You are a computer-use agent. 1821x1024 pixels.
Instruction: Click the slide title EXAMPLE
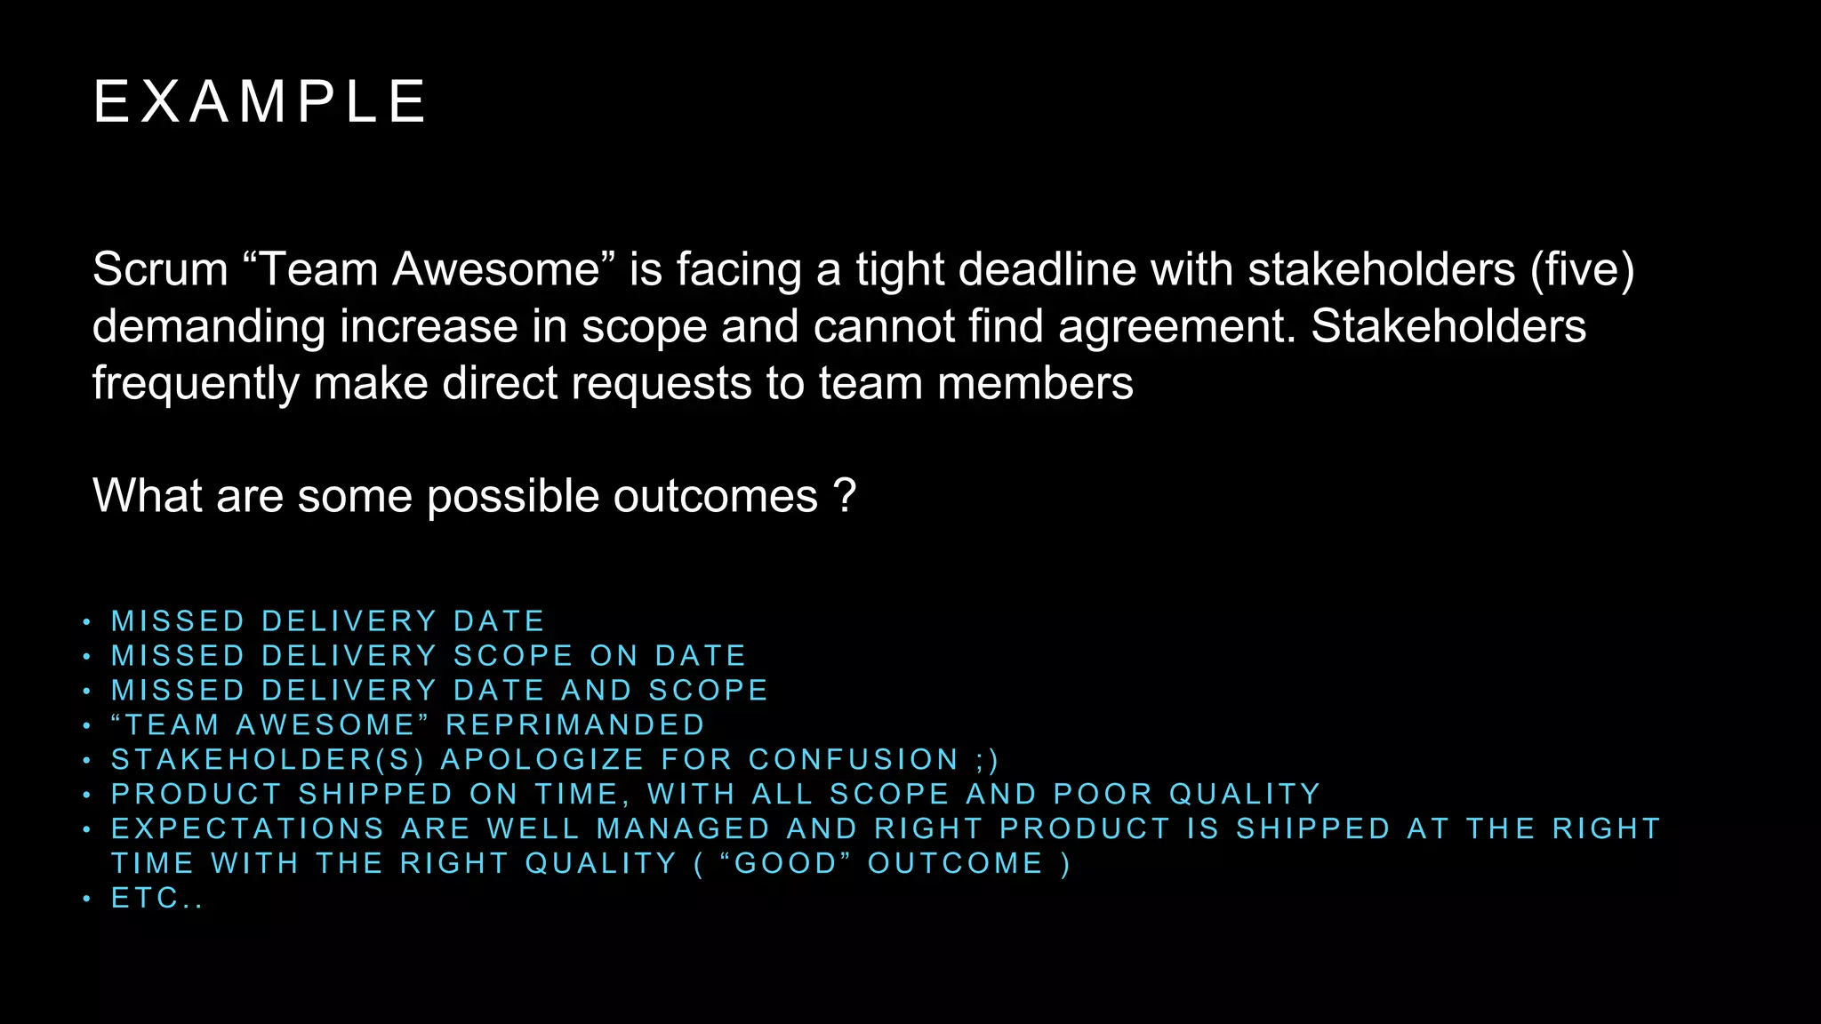260,101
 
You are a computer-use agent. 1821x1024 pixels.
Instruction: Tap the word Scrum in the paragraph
160,269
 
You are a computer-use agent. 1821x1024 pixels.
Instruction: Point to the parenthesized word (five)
1582,269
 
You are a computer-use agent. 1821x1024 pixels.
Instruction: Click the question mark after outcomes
846,496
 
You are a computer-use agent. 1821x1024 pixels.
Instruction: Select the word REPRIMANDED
575,725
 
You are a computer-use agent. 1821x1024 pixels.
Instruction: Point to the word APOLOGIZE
542,760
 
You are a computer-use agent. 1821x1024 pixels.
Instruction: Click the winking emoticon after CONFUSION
987,760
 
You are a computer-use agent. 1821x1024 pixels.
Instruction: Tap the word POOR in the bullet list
1103,794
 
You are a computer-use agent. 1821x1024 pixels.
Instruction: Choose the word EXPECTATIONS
247,828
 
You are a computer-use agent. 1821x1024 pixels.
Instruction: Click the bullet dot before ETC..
86,899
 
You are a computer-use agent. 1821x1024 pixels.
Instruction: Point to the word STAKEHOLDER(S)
268,760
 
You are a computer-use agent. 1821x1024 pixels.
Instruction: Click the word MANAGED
683,828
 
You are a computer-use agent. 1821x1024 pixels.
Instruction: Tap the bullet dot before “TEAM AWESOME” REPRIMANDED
86,726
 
